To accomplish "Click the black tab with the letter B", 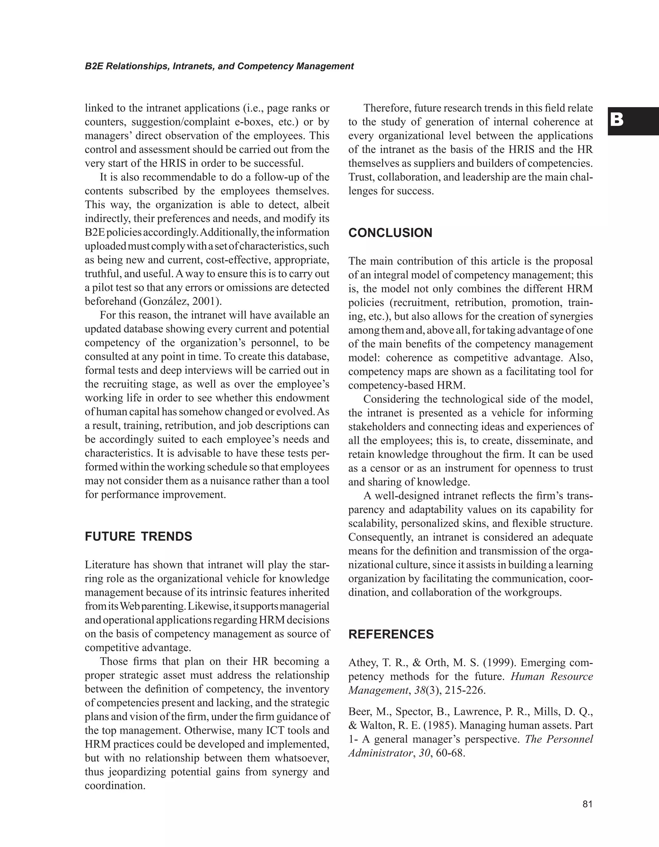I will pyautogui.click(x=632, y=121).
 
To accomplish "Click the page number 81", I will pyautogui.click(x=587, y=804).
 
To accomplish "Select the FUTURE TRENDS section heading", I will pyautogui.click(x=138, y=536).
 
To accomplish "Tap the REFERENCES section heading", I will pyautogui.click(x=391, y=634).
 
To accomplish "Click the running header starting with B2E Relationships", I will pyautogui.click(x=219, y=66).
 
